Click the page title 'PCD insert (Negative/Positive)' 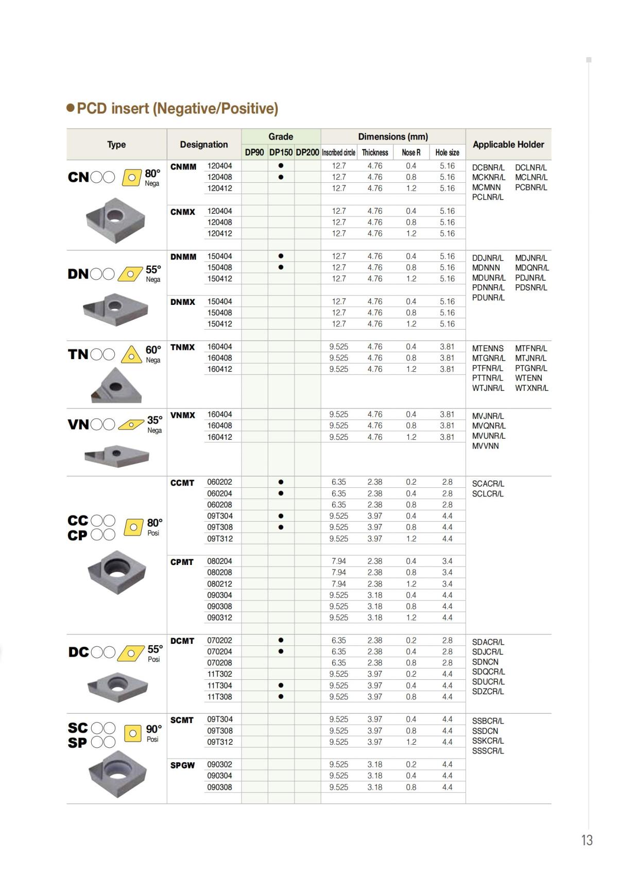coord(177,109)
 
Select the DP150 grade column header coord(281,152)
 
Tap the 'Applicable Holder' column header coord(508,145)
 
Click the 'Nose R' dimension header coord(411,152)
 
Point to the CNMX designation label coord(183,212)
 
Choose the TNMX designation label coord(183,348)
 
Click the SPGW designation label coord(183,765)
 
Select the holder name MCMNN coord(486,187)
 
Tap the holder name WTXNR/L coord(531,388)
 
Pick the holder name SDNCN coord(485,662)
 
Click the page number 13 coord(587,841)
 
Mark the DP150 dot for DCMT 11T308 coord(281,697)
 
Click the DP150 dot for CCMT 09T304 coord(281,516)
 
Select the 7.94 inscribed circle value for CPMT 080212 coord(339,584)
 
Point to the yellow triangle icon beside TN coord(131,355)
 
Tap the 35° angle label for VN coord(154,420)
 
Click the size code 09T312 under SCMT coord(220,742)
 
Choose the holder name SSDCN coord(485,731)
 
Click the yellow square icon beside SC coord(133,732)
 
